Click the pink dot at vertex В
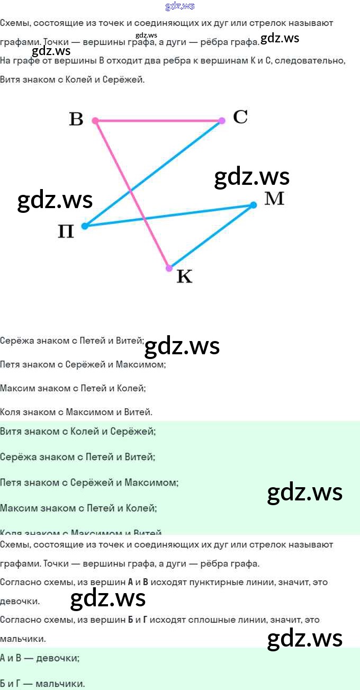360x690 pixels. pyautogui.click(x=95, y=121)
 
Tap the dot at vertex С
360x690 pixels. pyautogui.click(x=222, y=121)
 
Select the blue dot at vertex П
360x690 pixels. pyautogui.click(x=85, y=226)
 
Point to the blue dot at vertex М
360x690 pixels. pyautogui.click(x=253, y=205)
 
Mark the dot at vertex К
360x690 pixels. pyautogui.click(x=169, y=268)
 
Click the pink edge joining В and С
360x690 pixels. pyautogui.click(x=159, y=121)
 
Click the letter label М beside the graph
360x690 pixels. pyautogui.click(x=274, y=199)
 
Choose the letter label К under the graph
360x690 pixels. pyautogui.click(x=184, y=276)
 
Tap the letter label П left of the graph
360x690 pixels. pyautogui.click(x=66, y=231)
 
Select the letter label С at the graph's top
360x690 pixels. pyautogui.click(x=240, y=117)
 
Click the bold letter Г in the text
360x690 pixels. pyautogui.click(x=145, y=620)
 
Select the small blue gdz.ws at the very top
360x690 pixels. pyautogui.click(x=180, y=6)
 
